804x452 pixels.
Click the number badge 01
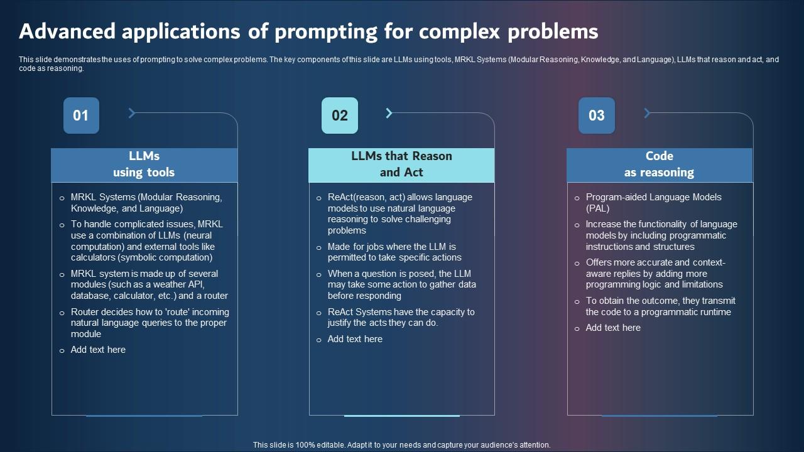point(81,116)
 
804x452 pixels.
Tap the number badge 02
point(339,116)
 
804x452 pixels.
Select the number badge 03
point(596,116)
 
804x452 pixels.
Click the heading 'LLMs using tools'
point(144,164)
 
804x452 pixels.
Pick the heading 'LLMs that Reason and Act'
point(401,164)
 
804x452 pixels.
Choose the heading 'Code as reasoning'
point(659,164)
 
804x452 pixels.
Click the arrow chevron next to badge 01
point(132,113)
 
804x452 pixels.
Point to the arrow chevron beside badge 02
point(389,113)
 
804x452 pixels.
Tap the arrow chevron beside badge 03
point(647,113)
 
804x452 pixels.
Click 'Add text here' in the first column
point(98,350)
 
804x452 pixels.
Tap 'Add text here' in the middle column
point(355,339)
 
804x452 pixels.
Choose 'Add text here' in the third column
point(613,328)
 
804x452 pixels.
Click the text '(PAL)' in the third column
point(597,208)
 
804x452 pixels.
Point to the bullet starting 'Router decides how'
point(149,323)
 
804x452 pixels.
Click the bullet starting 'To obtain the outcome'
point(660,306)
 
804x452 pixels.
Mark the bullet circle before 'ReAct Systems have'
point(319,313)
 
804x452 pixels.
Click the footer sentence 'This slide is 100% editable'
point(401,444)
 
